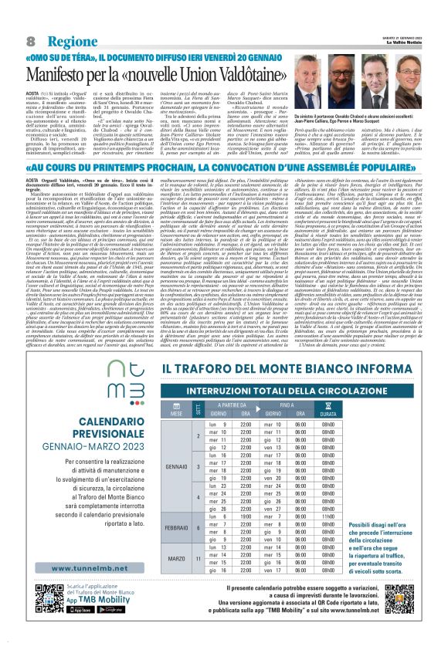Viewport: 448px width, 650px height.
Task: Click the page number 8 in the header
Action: pyautogui.click(x=31, y=40)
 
